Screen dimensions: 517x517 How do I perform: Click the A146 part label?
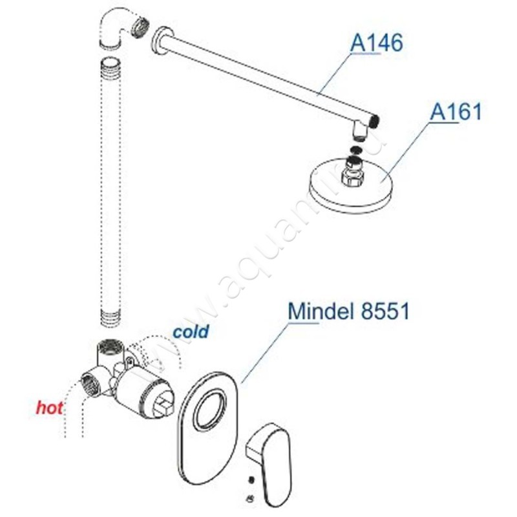377,43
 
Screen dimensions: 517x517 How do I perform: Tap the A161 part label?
456,111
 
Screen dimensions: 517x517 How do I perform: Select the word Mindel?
319,311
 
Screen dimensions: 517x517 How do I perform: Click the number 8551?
385,311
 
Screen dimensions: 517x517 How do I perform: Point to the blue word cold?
191,331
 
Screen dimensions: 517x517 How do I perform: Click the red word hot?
50,408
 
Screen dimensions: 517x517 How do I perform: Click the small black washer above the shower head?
357,150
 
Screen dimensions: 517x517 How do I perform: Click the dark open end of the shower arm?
375,121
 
